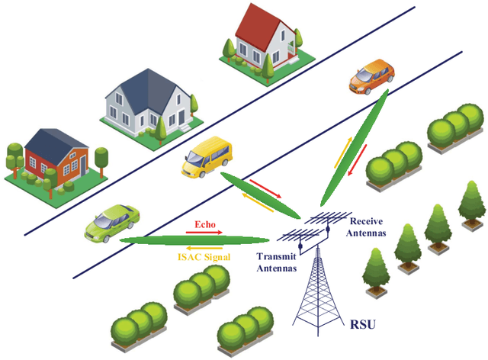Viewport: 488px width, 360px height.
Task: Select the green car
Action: (112, 222)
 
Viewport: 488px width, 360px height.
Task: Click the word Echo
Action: (205, 226)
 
